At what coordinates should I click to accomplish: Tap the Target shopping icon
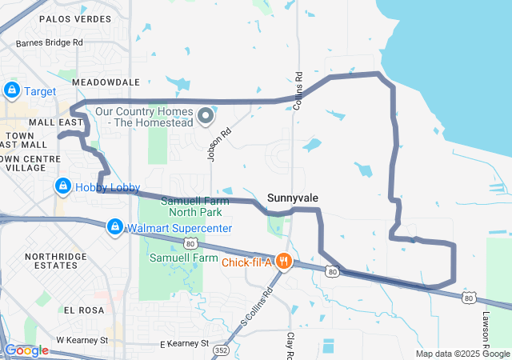[12, 90]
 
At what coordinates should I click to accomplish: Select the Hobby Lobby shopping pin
[62, 186]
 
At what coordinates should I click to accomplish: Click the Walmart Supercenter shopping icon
[115, 228]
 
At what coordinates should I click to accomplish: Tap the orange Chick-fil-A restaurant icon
[282, 261]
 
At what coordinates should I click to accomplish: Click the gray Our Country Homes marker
[205, 117]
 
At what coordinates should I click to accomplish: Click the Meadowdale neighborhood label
[106, 82]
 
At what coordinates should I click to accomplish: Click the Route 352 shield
[222, 349]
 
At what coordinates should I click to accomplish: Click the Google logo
[27, 350]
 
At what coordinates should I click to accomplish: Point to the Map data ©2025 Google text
[462, 354]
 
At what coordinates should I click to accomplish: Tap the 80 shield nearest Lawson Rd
[468, 298]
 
